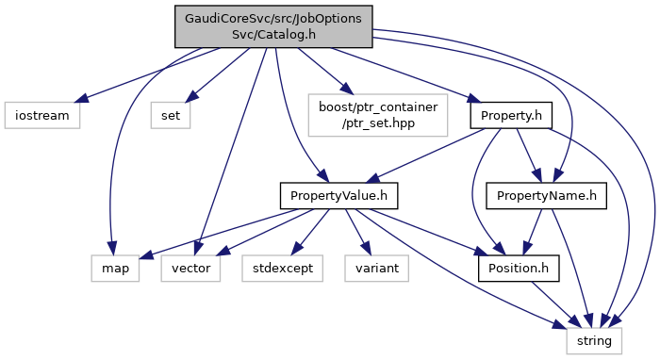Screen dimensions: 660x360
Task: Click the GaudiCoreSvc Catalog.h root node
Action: coord(273,26)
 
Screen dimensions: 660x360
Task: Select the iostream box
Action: coord(42,116)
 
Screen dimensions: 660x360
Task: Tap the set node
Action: coord(171,116)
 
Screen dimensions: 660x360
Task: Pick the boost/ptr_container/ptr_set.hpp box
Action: coord(378,115)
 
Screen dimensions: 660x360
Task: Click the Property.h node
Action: coord(511,116)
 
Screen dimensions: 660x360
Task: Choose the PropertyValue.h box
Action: coord(338,196)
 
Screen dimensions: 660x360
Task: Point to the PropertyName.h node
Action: coord(546,196)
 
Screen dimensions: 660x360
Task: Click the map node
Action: coord(115,269)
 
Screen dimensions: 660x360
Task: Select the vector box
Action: coord(190,269)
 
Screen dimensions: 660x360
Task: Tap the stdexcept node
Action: coord(283,269)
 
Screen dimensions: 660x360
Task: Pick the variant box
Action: coord(377,269)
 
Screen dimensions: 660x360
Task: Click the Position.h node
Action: coord(519,269)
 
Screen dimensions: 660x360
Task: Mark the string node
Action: coord(594,340)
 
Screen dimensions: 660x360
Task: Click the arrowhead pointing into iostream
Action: coord(82,98)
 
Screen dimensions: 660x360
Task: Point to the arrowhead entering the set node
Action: coord(191,97)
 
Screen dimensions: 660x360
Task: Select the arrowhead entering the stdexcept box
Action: coord(296,249)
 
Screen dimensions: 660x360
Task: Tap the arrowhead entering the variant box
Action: coord(365,248)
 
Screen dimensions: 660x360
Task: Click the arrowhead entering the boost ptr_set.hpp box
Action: coord(347,88)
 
